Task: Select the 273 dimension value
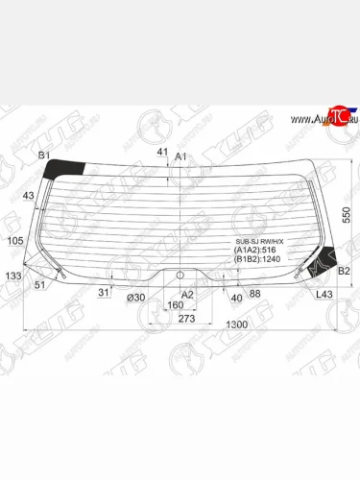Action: [x=186, y=318]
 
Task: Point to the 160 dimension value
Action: [x=175, y=306]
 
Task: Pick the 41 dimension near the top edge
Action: [x=162, y=152]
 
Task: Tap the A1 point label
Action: [x=180, y=156]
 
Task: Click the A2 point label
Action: [x=187, y=295]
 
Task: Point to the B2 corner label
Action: [x=343, y=271]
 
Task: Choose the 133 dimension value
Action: [x=12, y=276]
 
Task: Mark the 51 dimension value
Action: [x=39, y=285]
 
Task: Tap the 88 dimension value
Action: [x=254, y=295]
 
